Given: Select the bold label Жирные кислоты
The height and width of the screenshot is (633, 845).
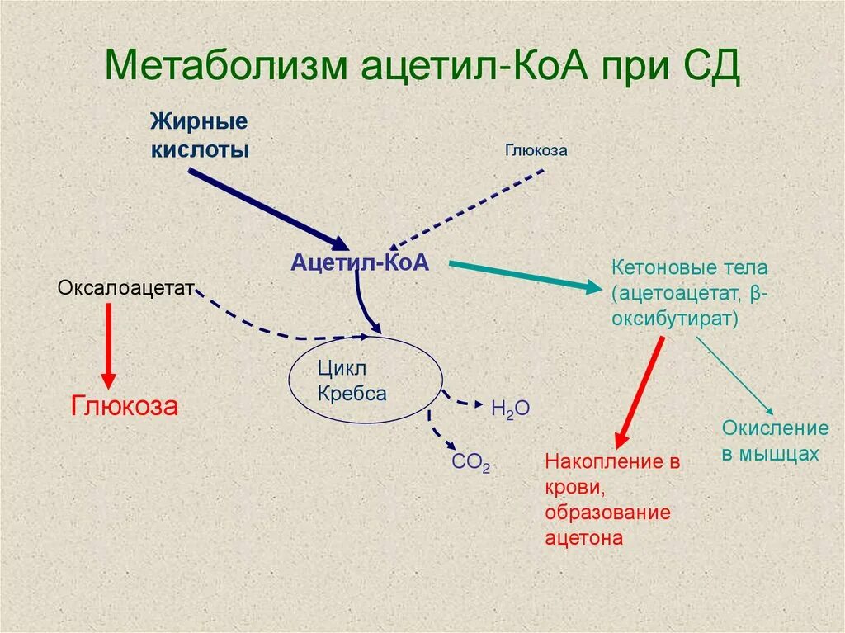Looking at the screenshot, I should pos(199,136).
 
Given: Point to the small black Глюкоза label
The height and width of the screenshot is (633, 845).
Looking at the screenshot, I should pos(536,151).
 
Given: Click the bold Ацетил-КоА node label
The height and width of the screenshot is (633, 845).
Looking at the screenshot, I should pos(360,262).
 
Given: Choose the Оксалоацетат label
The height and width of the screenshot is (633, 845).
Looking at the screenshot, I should pos(125,288).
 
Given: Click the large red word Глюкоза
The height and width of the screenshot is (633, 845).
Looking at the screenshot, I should pos(125,407).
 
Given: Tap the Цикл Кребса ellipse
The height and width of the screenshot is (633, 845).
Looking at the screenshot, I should pos(363,380).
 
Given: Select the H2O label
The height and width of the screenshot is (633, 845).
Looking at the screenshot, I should pos(510,409).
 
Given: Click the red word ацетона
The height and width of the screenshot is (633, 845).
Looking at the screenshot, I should pos(583,537).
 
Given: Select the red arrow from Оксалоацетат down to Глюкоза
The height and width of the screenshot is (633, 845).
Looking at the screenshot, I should pos(107,342).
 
